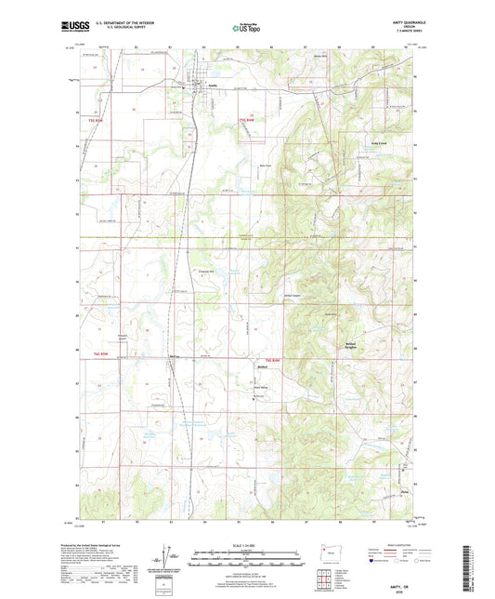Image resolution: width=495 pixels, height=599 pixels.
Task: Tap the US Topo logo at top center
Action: click(x=246, y=29)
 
